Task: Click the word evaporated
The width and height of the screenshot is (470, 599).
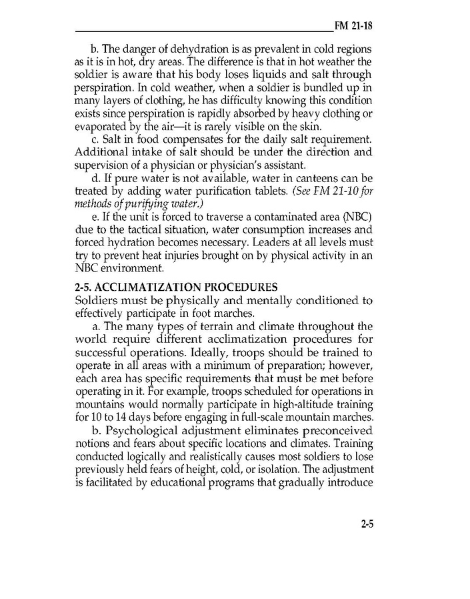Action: click(x=102, y=126)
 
